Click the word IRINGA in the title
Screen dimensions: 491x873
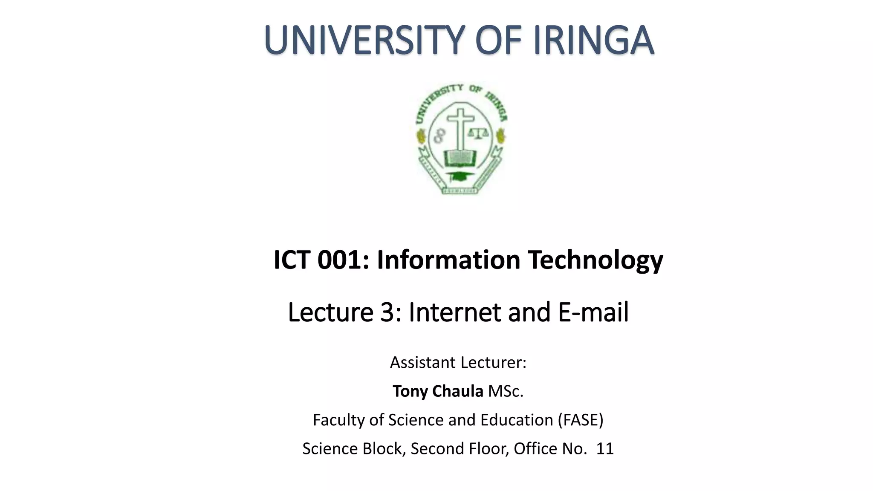coord(593,40)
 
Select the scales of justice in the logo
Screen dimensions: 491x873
coord(479,133)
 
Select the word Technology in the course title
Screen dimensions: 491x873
coord(595,260)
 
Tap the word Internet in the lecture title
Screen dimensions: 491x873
coord(455,312)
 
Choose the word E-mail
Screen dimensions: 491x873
coord(593,312)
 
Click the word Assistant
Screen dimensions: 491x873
coord(422,363)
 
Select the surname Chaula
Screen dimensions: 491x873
coord(458,391)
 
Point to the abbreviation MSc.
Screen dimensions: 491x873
coord(506,391)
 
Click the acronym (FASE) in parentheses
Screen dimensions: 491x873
coord(581,420)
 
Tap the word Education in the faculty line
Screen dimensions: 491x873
coord(517,420)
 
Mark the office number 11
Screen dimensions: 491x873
coord(604,449)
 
